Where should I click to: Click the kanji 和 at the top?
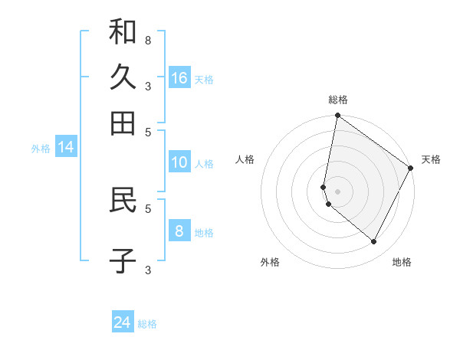pyautogui.click(x=123, y=31)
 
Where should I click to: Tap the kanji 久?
pyautogui.click(x=123, y=77)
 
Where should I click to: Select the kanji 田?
pyautogui.click(x=123, y=123)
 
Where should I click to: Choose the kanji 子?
pyautogui.click(x=123, y=261)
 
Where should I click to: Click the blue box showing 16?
pyautogui.click(x=179, y=78)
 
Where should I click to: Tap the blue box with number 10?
pyautogui.click(x=179, y=162)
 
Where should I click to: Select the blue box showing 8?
pyautogui.click(x=179, y=231)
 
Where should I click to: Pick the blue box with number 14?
pyautogui.click(x=66, y=148)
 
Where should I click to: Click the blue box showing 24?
pyautogui.click(x=123, y=322)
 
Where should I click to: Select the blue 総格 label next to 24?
pyautogui.click(x=147, y=324)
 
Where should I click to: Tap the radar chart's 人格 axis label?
pyautogui.click(x=245, y=159)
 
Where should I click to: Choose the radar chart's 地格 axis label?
pyautogui.click(x=402, y=263)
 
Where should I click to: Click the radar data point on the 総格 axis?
pyautogui.click(x=337, y=116)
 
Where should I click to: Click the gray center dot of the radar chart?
pyautogui.click(x=337, y=191)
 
